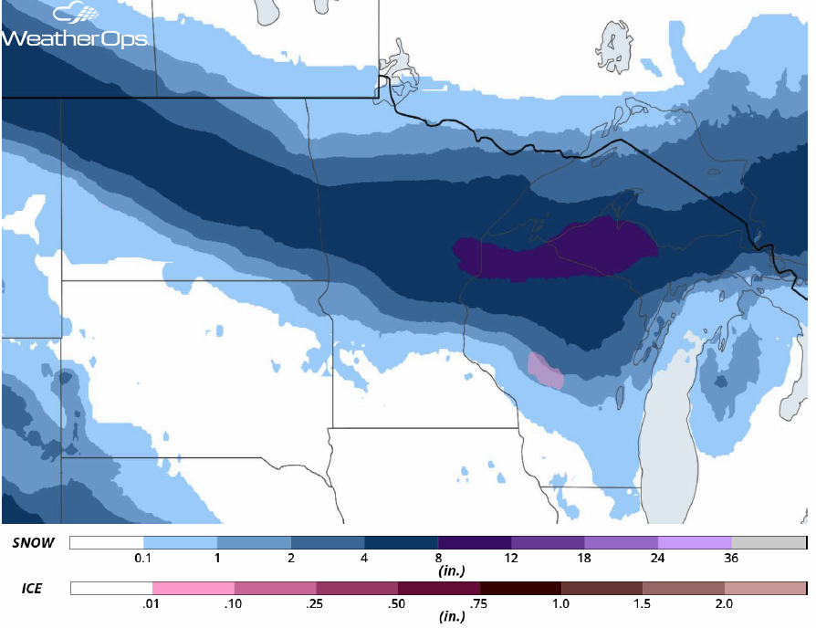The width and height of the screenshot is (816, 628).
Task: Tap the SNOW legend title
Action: (x=34, y=543)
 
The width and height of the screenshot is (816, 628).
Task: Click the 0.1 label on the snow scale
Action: (x=143, y=558)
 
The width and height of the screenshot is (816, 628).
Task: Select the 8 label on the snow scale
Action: (x=438, y=558)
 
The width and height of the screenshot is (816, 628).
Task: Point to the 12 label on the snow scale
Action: (x=511, y=558)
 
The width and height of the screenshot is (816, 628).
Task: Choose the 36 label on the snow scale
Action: (x=732, y=558)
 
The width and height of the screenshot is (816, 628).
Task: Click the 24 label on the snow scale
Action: (x=658, y=558)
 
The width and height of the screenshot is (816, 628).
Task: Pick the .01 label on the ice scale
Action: (x=152, y=603)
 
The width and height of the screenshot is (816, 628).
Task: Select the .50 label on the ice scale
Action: (x=398, y=603)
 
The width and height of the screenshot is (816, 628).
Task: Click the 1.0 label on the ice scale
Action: (x=561, y=603)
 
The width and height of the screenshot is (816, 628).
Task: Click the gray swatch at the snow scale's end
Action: (x=769, y=543)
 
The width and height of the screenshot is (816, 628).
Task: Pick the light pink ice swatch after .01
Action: (x=193, y=588)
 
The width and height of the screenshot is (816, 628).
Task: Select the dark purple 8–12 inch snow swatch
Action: (x=475, y=543)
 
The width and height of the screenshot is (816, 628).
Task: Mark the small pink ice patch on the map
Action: (x=546, y=371)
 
